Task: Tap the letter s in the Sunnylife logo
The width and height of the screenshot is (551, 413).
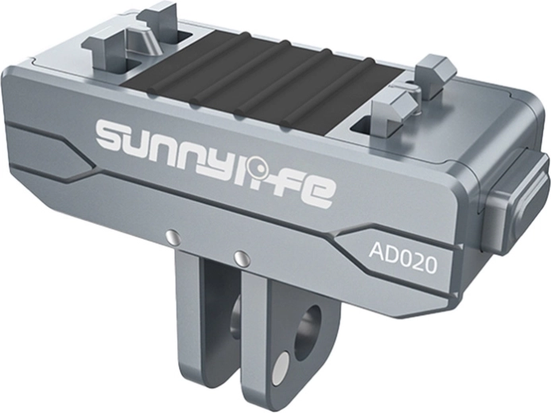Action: pyautogui.click(x=113, y=134)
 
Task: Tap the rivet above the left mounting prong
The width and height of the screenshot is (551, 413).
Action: pyautogui.click(x=173, y=235)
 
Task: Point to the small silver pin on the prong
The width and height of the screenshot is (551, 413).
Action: pyautogui.click(x=281, y=366)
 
